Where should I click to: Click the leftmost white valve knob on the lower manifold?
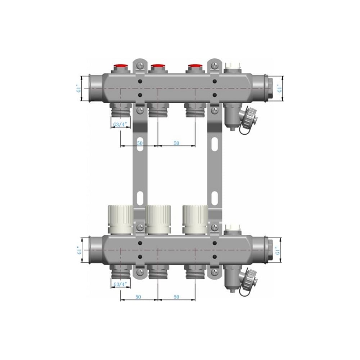point(121,219)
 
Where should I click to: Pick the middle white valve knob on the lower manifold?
point(158,219)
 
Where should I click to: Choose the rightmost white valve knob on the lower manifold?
point(195,219)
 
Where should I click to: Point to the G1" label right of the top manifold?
point(279,89)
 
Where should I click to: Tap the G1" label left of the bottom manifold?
point(79,250)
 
